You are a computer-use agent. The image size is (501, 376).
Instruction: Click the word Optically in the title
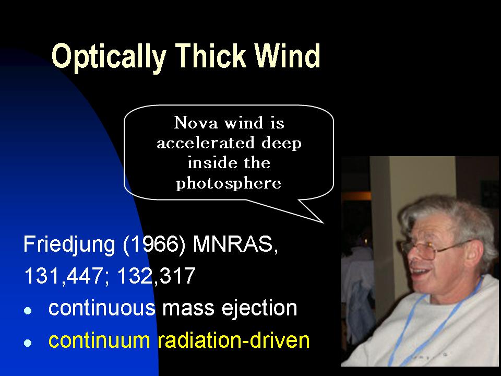click(109, 57)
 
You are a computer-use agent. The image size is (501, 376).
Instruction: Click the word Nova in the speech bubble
click(196, 122)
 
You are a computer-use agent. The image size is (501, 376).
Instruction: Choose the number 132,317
click(157, 276)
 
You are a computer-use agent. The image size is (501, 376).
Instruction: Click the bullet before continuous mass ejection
click(28, 310)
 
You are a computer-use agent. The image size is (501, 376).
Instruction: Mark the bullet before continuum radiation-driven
click(28, 343)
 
